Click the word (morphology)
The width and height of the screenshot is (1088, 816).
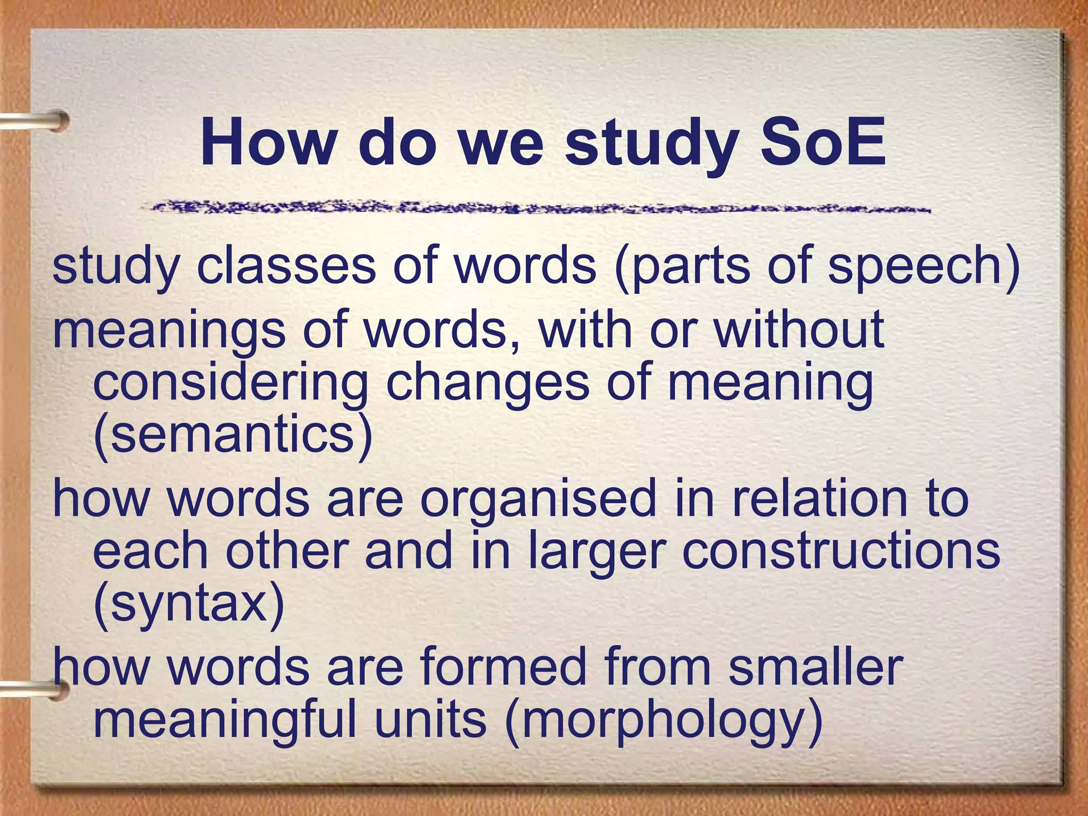point(664,720)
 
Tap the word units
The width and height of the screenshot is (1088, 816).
point(430,720)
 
